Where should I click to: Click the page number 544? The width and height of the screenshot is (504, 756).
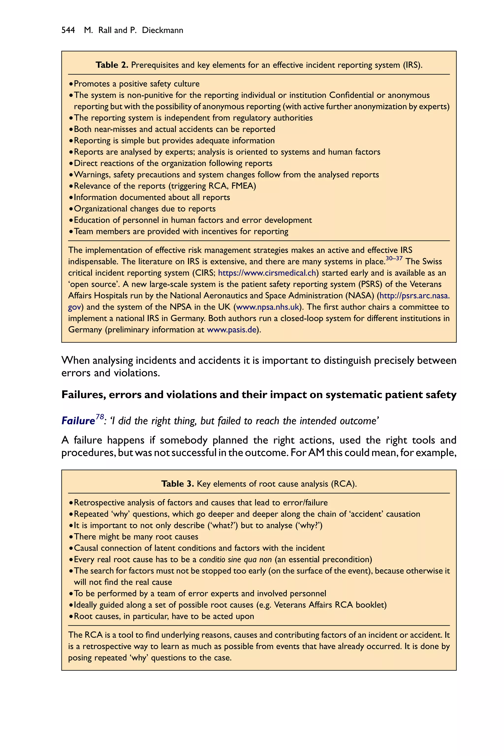(68, 30)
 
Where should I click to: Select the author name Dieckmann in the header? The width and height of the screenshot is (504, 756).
(162, 30)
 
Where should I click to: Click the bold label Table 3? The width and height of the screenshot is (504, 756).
(177, 484)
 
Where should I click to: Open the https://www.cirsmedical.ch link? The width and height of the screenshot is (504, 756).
(267, 273)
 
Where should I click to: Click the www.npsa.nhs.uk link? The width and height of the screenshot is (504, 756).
(268, 307)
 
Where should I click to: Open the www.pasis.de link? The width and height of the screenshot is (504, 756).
(231, 330)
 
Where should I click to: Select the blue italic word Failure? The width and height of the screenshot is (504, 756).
(78, 421)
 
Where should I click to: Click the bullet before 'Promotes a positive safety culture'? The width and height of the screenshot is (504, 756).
(71, 84)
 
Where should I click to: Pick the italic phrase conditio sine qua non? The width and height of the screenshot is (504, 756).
(235, 560)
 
